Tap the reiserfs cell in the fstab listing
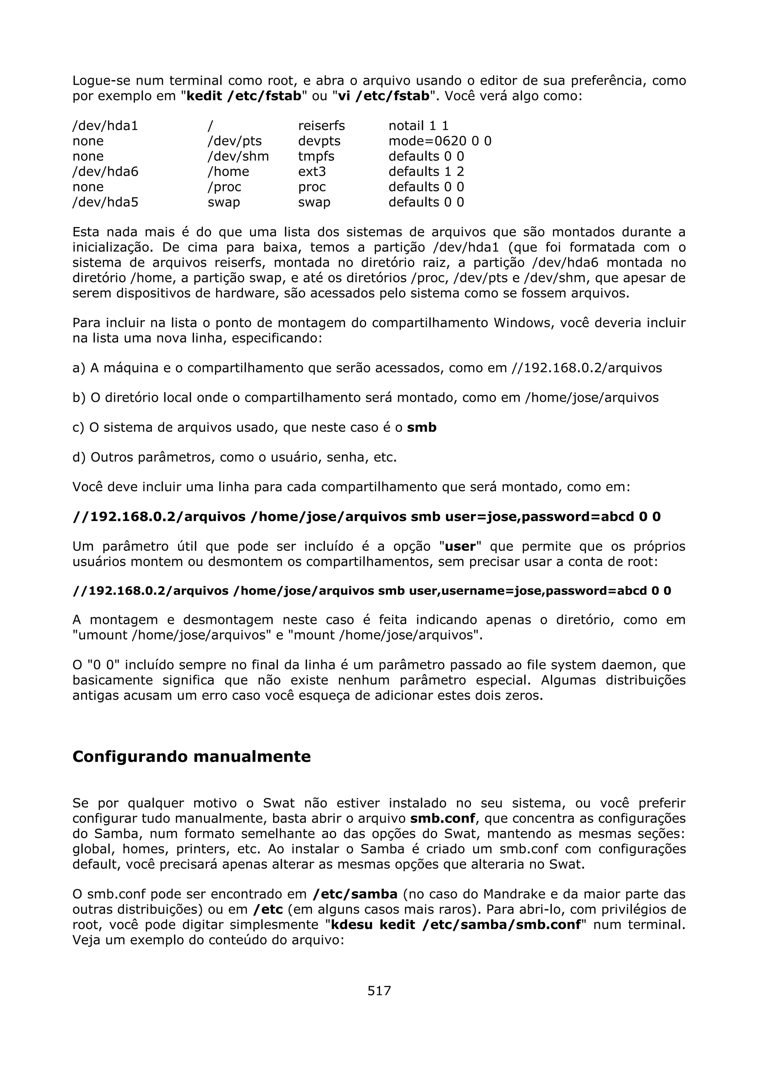321,126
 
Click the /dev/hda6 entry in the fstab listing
105,171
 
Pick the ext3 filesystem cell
312,171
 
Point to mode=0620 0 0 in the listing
439,141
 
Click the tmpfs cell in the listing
316,156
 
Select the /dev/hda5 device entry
105,202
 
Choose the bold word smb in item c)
421,428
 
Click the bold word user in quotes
460,546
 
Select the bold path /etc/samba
355,894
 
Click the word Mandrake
514,894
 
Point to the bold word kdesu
351,925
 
